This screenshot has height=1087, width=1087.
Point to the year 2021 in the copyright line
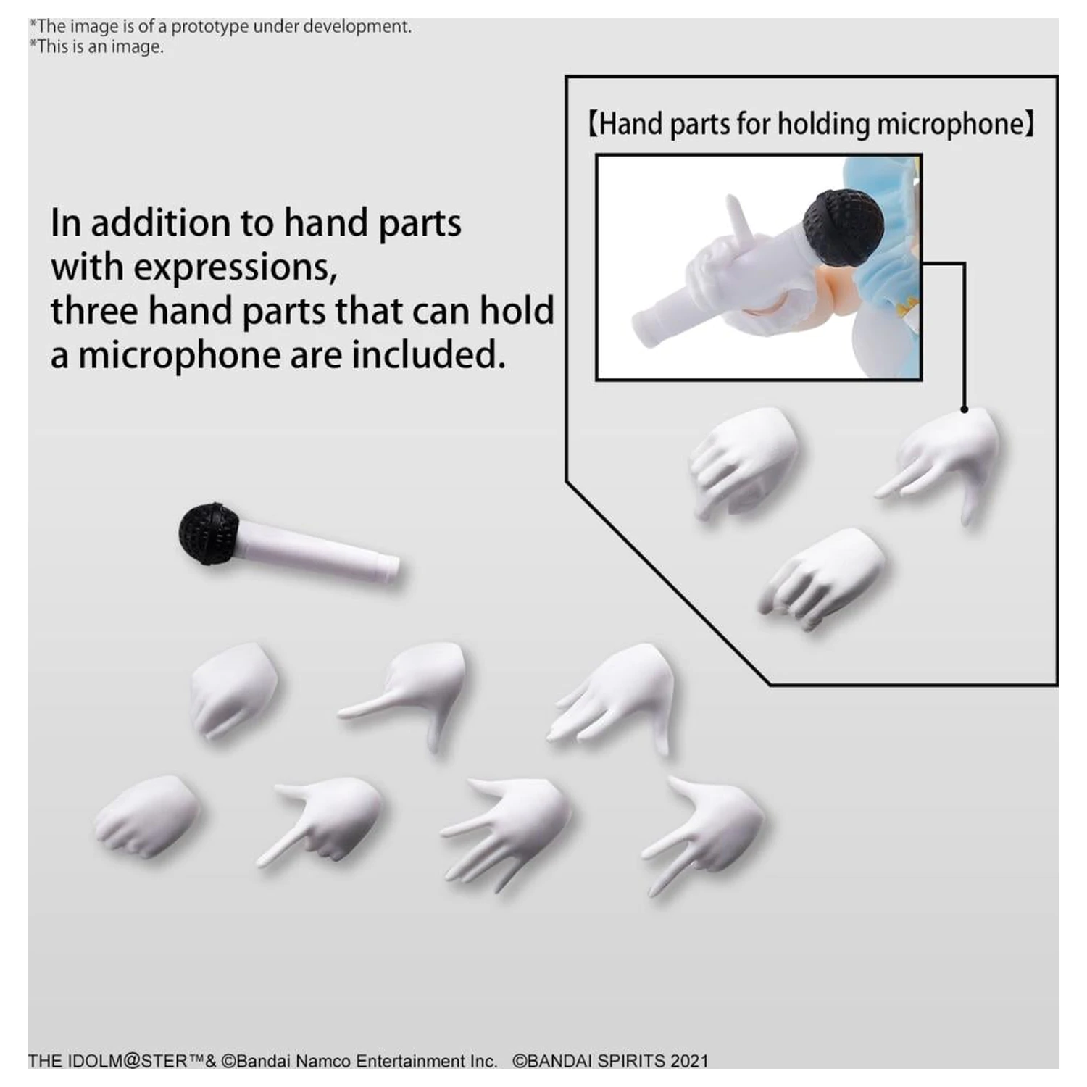(x=689, y=1061)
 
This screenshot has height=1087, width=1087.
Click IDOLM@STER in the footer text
(x=129, y=1061)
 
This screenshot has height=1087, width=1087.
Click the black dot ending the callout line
(x=965, y=409)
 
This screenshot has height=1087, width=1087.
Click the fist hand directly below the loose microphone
(x=233, y=688)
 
